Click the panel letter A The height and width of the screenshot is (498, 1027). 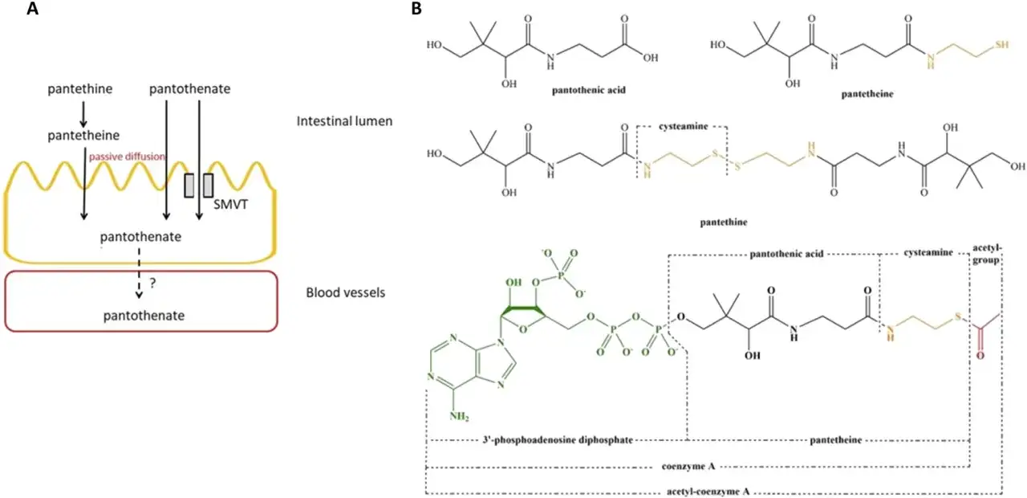coord(32,8)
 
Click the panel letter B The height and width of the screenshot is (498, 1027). coord(416,8)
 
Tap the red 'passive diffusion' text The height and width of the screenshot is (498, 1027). coord(127,157)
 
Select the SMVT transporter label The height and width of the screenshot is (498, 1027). coord(230,204)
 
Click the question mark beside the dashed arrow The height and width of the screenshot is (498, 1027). coord(152,284)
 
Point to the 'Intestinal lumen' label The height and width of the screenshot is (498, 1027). coord(344,121)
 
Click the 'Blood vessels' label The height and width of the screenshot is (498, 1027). coord(346,292)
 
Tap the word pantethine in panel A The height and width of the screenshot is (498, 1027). coord(80,88)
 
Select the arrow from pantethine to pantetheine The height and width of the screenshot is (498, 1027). coord(83,114)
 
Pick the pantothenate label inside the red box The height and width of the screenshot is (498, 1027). coord(144,316)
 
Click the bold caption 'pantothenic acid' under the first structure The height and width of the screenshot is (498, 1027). coord(589,90)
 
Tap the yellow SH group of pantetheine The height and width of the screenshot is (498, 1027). coord(1002,45)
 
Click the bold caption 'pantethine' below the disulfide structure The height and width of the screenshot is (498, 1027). coord(724,222)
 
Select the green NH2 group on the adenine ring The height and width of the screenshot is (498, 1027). coord(459,417)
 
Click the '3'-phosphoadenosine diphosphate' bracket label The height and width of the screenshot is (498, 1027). coord(558,439)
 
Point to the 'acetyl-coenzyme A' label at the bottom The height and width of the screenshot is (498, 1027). coord(708,492)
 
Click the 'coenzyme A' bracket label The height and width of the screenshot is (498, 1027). coord(688,467)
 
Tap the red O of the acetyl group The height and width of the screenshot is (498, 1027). coord(980,356)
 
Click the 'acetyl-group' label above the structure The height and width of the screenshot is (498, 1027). coord(987,254)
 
